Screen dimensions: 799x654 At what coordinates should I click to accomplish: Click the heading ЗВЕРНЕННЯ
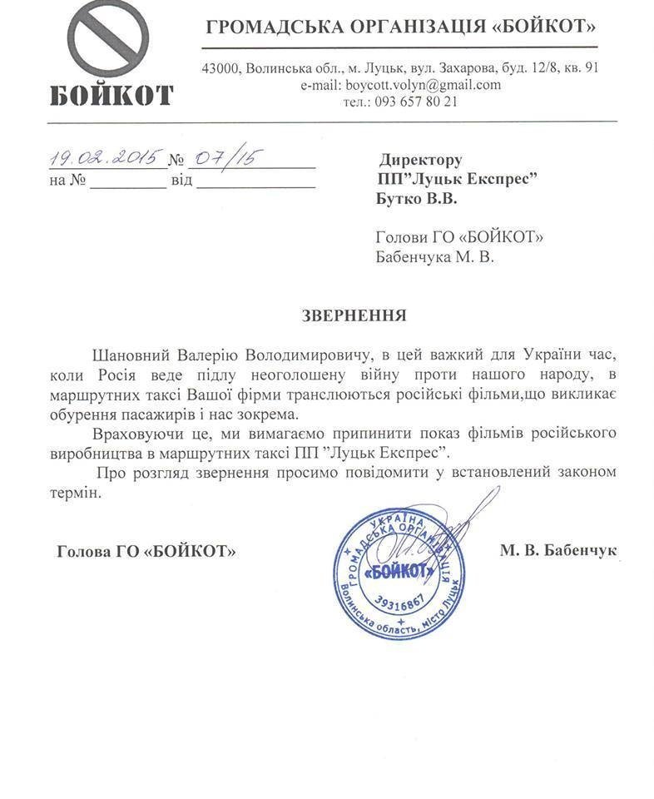353,315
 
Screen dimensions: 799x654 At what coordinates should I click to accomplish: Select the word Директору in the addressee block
421,160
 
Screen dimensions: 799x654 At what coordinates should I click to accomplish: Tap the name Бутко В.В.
417,199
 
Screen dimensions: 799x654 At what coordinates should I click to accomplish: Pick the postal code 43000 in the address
220,68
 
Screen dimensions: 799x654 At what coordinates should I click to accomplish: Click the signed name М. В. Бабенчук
558,550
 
